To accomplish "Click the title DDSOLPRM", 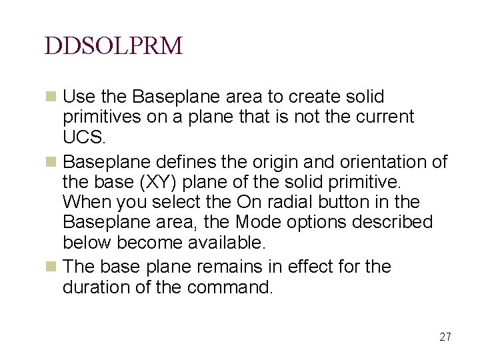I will (113, 45).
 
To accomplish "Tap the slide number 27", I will (445, 337).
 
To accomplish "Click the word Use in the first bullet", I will (77, 97).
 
